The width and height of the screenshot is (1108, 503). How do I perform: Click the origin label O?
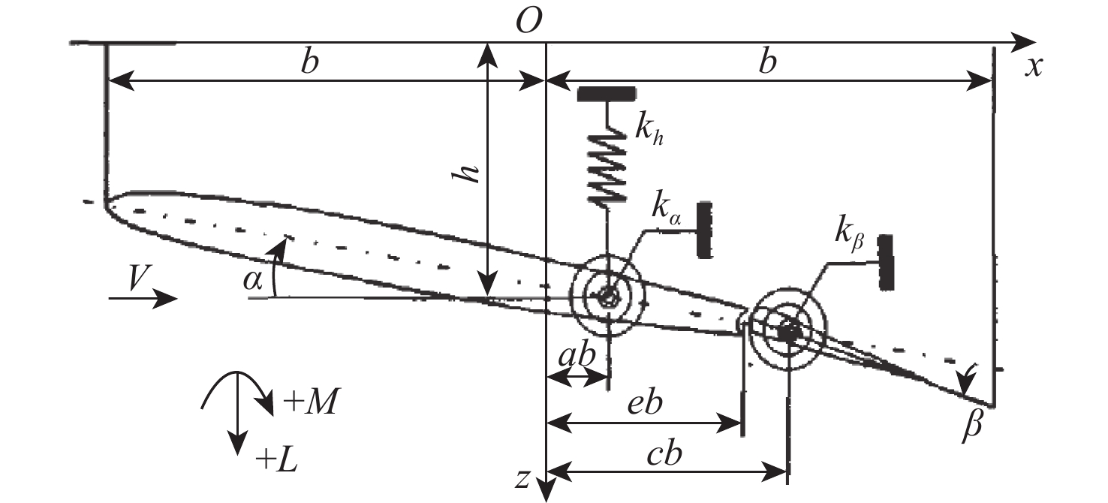(x=529, y=23)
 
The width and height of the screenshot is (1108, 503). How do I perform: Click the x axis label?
(x=1035, y=68)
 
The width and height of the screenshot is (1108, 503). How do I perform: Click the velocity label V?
(x=136, y=279)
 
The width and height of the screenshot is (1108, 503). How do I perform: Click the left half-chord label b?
(x=308, y=62)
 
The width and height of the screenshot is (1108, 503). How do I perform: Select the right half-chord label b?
(x=766, y=62)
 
